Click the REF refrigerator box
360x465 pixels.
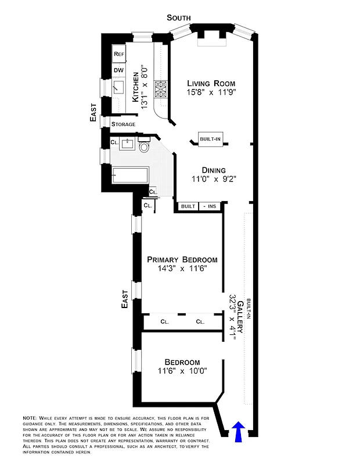pyautogui.click(x=119, y=54)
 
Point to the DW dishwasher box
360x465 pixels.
pyautogui.click(x=118, y=70)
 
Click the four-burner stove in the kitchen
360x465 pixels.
pyautogui.click(x=160, y=89)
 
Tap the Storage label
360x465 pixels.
pyautogui.click(x=123, y=124)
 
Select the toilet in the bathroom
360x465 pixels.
pyautogui.click(x=144, y=146)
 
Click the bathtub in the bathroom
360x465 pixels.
pyautogui.click(x=134, y=175)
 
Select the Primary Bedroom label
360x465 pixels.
pyautogui.click(x=182, y=259)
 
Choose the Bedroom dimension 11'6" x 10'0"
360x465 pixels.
pyautogui.click(x=181, y=370)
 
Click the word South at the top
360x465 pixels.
pyautogui.click(x=178, y=18)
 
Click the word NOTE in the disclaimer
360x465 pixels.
pyautogui.click(x=30, y=418)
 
